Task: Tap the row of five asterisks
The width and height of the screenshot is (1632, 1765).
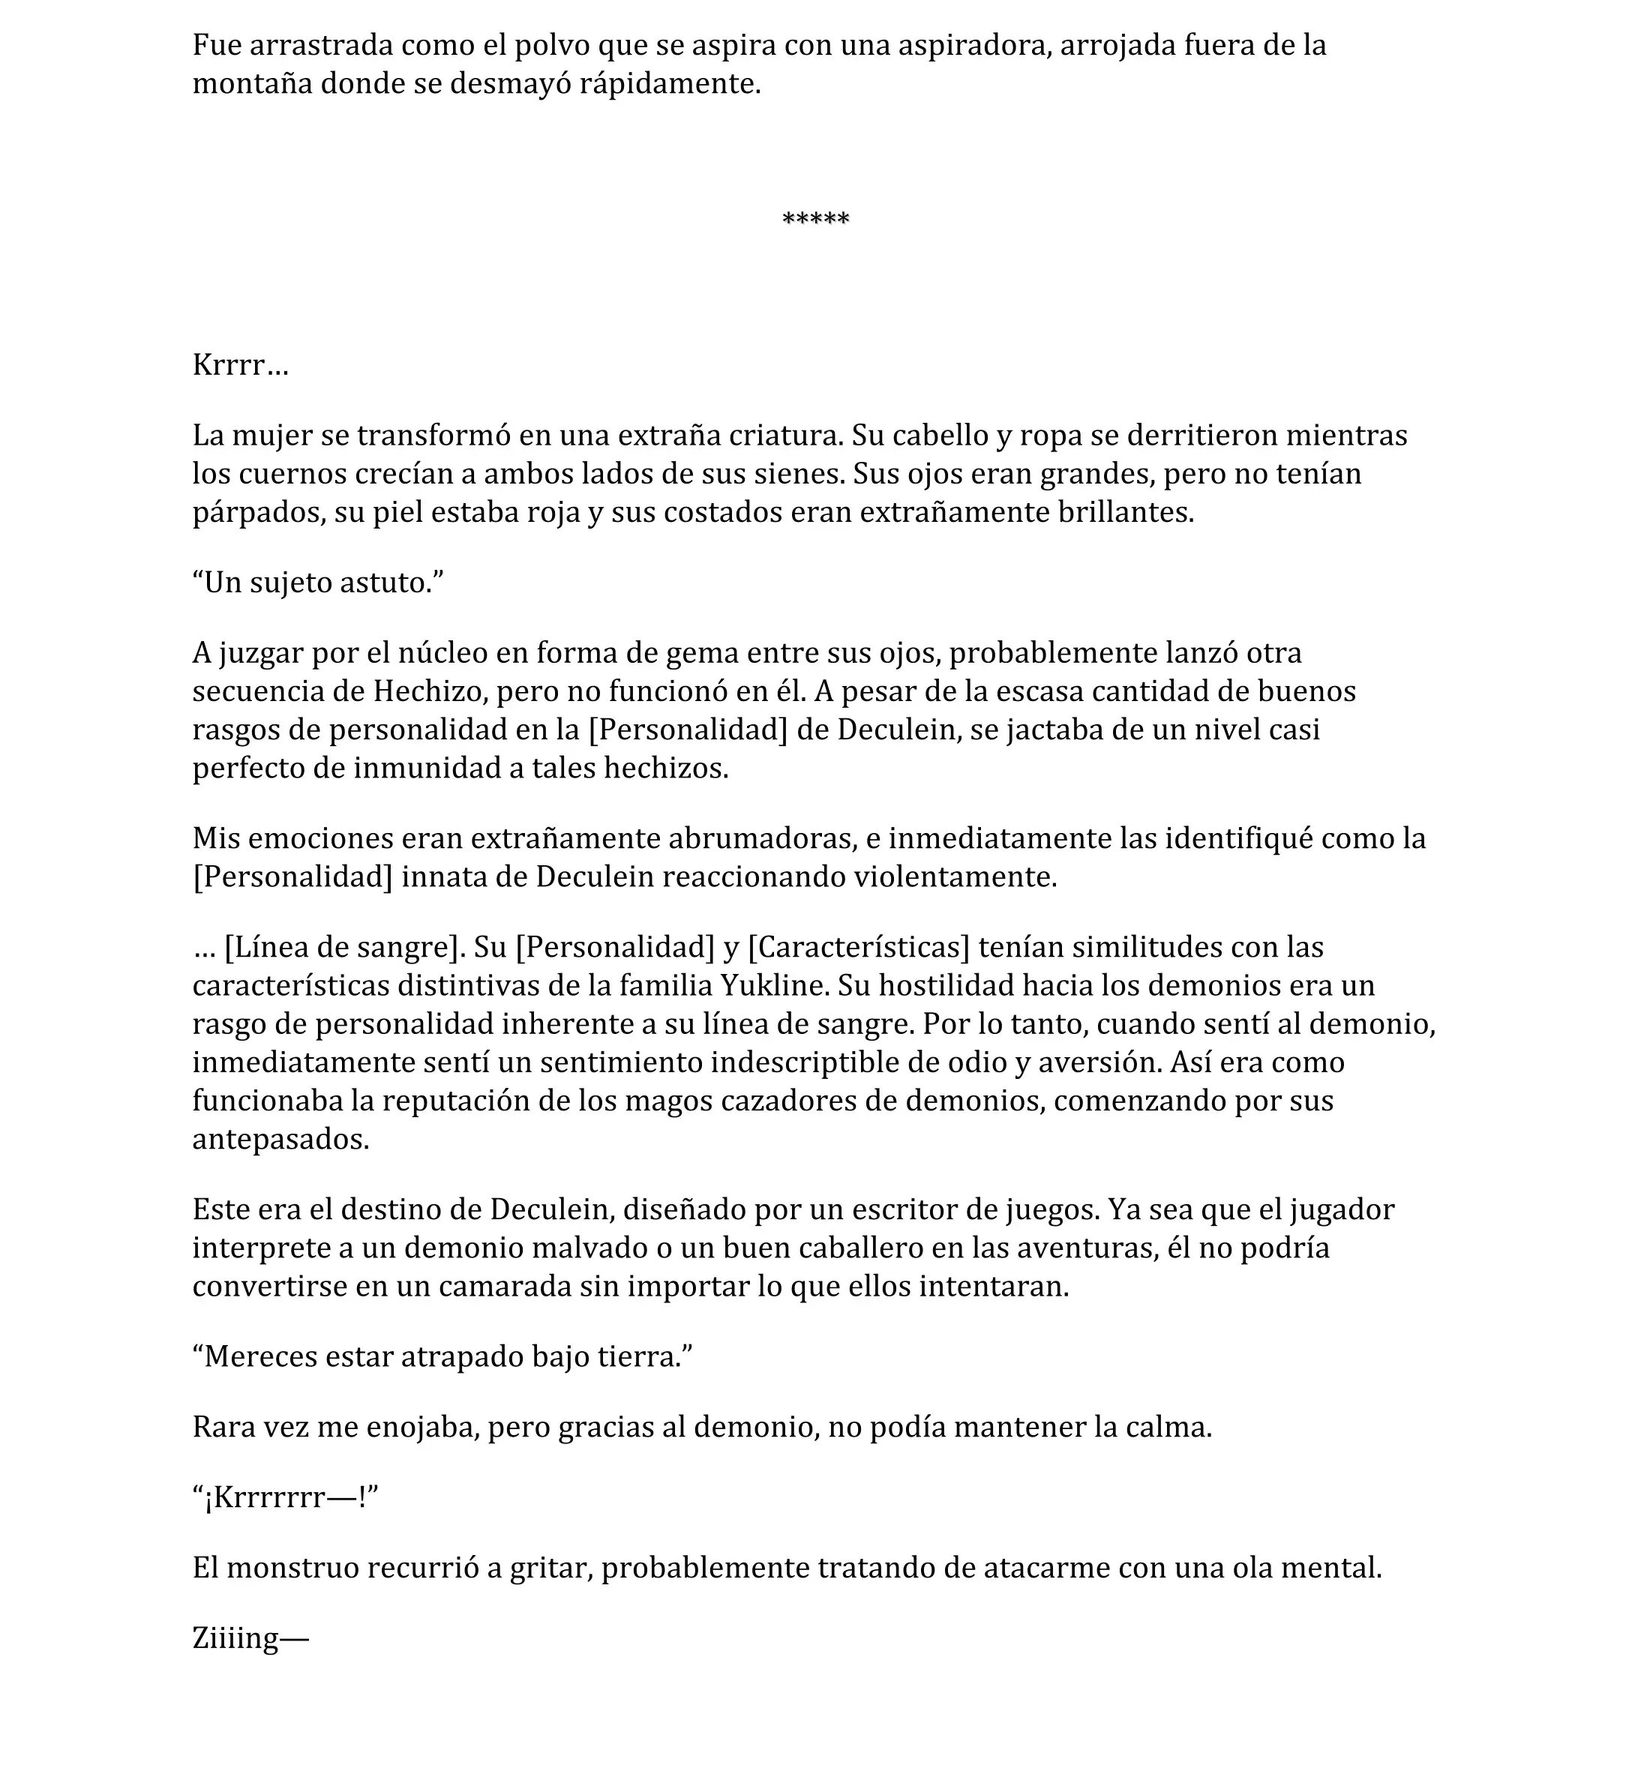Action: click(815, 219)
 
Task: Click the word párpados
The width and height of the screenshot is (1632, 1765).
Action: click(256, 513)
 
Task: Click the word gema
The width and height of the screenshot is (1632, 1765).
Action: click(702, 652)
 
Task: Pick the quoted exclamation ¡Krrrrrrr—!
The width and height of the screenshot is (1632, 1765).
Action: click(285, 1497)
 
